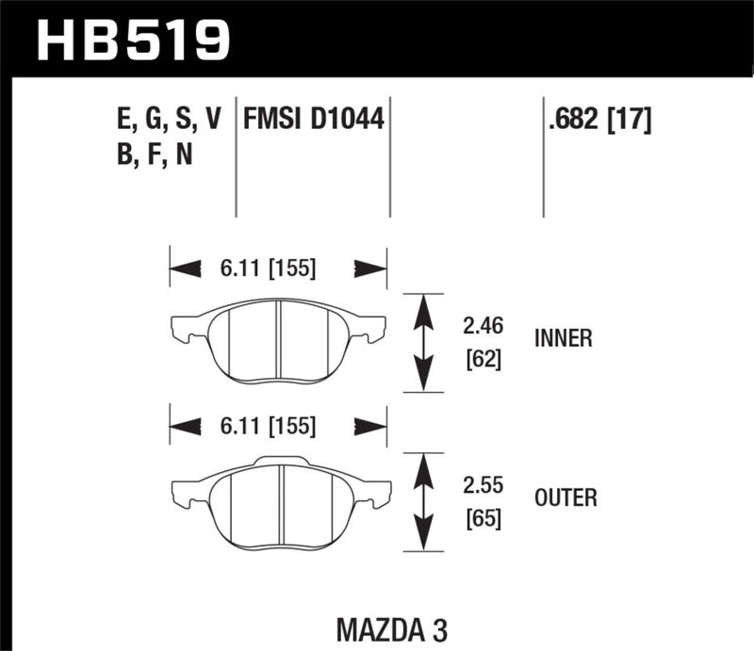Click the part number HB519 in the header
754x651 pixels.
click(x=132, y=38)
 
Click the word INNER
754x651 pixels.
click(x=563, y=338)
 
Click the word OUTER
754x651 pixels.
click(x=565, y=496)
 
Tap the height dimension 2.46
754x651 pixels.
click(x=484, y=326)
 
